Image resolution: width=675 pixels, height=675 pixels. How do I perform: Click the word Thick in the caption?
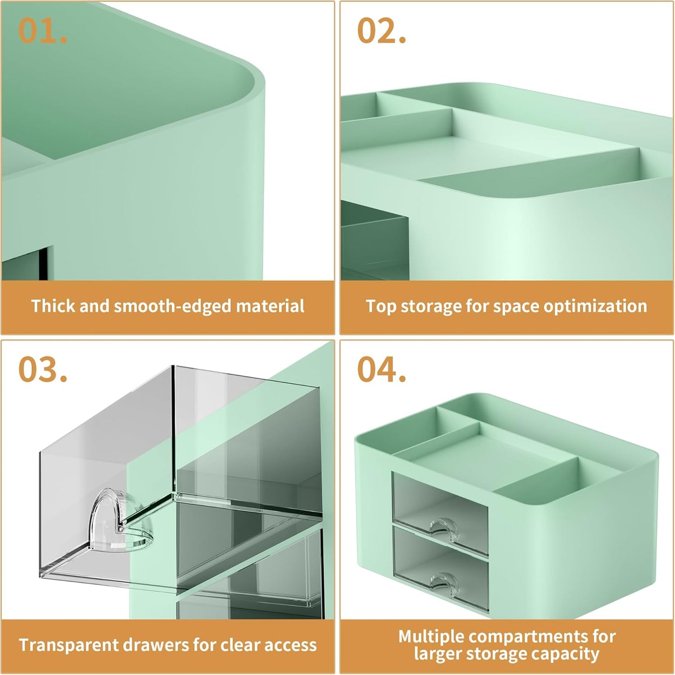(x=53, y=306)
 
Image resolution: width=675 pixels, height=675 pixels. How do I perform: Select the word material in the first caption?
(x=270, y=306)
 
